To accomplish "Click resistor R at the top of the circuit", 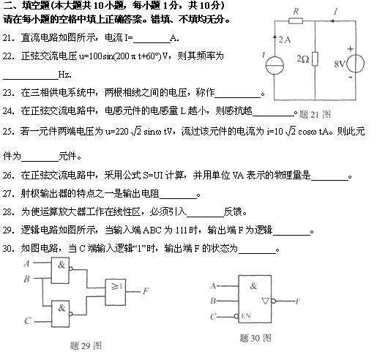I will tap(296, 23).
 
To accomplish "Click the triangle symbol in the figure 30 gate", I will tap(268, 301).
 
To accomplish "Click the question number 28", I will tap(9, 211).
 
